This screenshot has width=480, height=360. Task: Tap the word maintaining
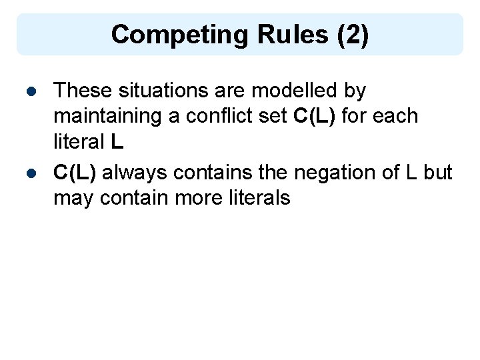pyautogui.click(x=107, y=116)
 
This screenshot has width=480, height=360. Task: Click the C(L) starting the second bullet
pyautogui.click(x=75, y=173)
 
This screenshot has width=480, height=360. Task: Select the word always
pyautogui.click(x=135, y=173)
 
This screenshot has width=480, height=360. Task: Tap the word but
pyautogui.click(x=437, y=173)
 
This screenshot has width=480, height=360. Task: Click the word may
pyautogui.click(x=73, y=199)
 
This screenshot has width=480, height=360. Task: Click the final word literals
pyautogui.click(x=259, y=199)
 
